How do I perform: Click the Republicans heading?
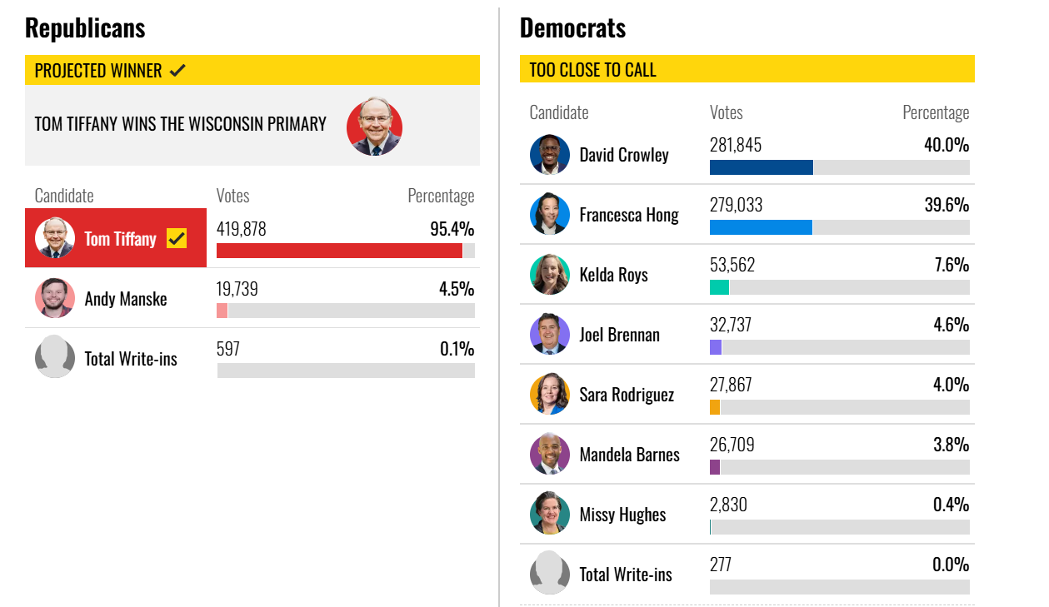click(85, 28)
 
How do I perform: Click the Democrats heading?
click(572, 28)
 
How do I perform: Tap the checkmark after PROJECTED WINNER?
click(177, 71)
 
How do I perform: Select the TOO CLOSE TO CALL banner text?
click(592, 70)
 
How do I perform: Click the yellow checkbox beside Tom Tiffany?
click(177, 238)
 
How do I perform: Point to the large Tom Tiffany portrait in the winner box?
click(374, 127)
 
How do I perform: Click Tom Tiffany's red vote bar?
click(339, 251)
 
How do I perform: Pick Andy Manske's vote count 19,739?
click(237, 289)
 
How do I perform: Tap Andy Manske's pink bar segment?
click(222, 311)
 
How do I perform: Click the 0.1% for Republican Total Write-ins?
click(457, 349)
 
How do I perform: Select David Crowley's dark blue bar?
click(762, 167)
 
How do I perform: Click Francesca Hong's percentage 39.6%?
click(947, 205)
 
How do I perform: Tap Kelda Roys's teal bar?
click(719, 287)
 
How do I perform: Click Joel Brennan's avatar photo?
click(550, 334)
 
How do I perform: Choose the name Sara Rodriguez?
click(627, 395)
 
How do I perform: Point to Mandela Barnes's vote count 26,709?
click(732, 445)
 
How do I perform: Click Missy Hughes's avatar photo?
click(550, 514)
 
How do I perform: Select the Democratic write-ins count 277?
click(720, 565)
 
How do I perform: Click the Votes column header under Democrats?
click(726, 112)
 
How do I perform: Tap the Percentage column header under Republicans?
click(441, 196)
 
